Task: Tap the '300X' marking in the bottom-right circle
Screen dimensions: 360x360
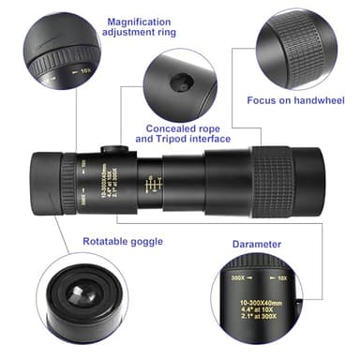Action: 238,278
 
